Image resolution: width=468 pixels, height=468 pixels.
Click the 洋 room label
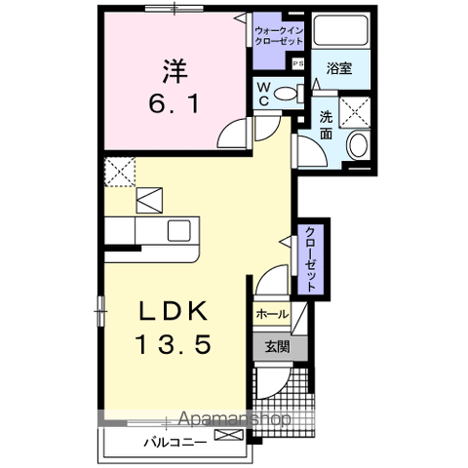pyautogui.click(x=175, y=70)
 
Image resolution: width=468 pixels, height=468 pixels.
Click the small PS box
pyautogui.click(x=298, y=63)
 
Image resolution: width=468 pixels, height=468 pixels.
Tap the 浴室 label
pyautogui.click(x=338, y=70)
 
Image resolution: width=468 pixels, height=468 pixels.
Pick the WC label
pyautogui.click(x=264, y=94)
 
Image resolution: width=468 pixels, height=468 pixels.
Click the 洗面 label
pyautogui.click(x=326, y=124)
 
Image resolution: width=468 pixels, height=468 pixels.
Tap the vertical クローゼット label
pyautogui.click(x=310, y=257)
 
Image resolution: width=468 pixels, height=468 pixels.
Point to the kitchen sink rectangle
pyautogui.click(x=179, y=232)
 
